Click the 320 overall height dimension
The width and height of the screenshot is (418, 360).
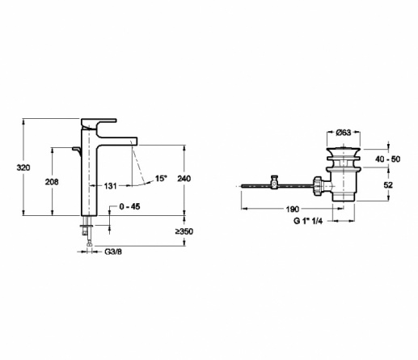pyautogui.click(x=23, y=167)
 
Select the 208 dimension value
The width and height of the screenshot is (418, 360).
pyautogui.click(x=52, y=182)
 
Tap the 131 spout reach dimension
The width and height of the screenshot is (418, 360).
pyautogui.click(x=110, y=186)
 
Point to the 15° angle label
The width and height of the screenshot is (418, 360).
pyautogui.click(x=161, y=179)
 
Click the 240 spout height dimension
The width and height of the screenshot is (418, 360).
pyautogui.click(x=184, y=179)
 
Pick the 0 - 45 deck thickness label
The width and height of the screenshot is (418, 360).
pyautogui.click(x=129, y=206)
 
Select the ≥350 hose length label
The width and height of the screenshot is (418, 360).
pyautogui.click(x=184, y=231)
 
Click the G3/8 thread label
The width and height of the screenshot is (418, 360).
pyautogui.click(x=113, y=252)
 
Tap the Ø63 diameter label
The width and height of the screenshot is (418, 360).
pyautogui.click(x=344, y=132)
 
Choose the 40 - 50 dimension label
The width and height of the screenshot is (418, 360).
pyautogui.click(x=388, y=159)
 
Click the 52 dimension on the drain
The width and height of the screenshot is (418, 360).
pyautogui.click(x=388, y=185)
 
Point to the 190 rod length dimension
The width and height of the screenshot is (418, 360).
pyautogui.click(x=293, y=209)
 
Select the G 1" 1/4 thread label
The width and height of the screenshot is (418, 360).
pyautogui.click(x=308, y=221)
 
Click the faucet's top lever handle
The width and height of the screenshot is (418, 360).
pyautogui.click(x=99, y=123)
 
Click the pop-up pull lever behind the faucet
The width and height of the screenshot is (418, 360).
pyautogui.click(x=77, y=151)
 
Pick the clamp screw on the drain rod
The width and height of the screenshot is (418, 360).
pyautogui.click(x=274, y=182)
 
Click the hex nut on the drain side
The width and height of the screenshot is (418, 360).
pyautogui.click(x=318, y=185)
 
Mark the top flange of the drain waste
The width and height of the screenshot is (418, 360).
pyautogui.click(x=344, y=150)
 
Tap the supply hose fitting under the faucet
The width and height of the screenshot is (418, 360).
pyautogui.click(x=87, y=231)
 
